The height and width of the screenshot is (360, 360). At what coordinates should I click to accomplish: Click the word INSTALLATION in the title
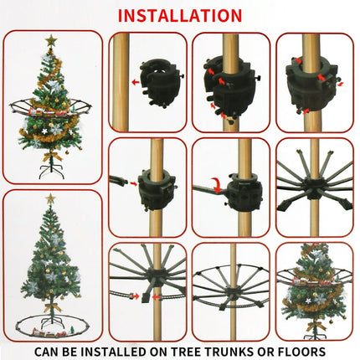[180, 15]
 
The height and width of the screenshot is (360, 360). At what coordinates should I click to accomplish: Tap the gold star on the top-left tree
[51, 39]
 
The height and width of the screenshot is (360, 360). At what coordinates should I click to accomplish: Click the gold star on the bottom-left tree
[50, 199]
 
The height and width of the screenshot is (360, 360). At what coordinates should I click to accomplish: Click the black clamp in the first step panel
[159, 77]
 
